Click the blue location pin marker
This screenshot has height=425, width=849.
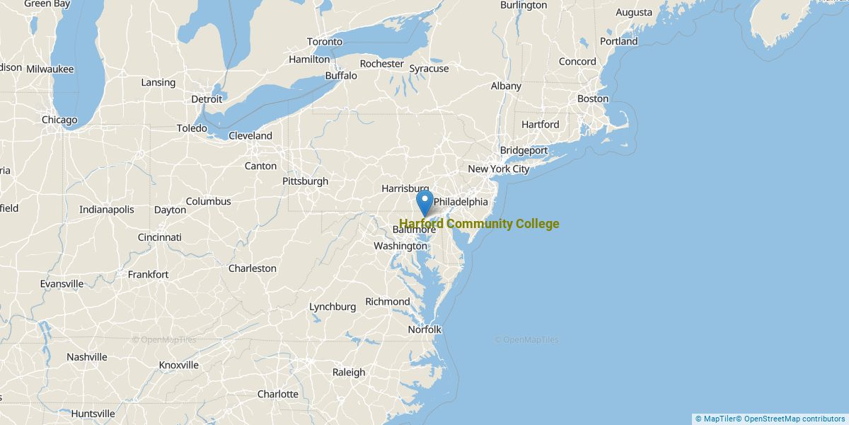coord(424,202)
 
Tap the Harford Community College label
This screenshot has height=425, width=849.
coord(479,224)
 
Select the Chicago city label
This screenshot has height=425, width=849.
coord(59,120)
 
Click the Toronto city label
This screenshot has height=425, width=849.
coord(325,42)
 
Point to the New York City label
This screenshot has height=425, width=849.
coord(498,169)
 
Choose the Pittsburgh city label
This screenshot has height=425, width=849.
coord(305,181)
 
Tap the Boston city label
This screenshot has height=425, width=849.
coord(592,98)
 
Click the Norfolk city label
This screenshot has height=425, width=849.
coord(424,329)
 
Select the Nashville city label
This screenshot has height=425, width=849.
coord(86,357)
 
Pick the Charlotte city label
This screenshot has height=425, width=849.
coord(277,394)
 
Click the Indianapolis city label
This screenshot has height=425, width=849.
coord(106,210)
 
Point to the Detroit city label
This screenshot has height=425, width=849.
coord(207,99)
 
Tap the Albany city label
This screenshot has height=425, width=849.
coord(506,86)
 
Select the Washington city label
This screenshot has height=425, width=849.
coord(401,246)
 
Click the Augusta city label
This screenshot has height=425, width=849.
coord(634,12)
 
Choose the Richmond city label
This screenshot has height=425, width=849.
coord(387,302)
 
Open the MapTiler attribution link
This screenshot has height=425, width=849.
coord(716,419)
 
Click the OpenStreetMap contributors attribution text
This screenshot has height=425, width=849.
coord(794,419)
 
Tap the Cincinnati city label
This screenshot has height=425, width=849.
coord(159,237)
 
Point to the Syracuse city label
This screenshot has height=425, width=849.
coord(429,69)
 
